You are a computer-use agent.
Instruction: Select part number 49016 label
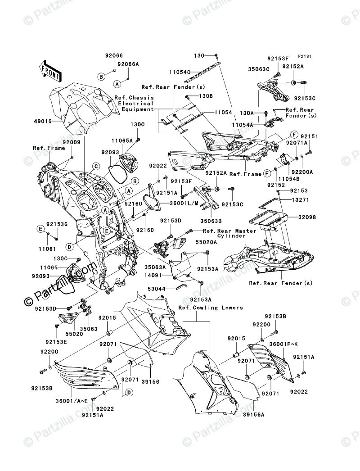(x=42, y=121)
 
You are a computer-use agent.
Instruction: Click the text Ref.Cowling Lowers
(x=210, y=308)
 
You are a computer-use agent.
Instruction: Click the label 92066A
(x=129, y=64)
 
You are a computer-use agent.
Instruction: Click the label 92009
(x=72, y=141)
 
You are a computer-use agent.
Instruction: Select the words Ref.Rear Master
(x=229, y=231)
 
